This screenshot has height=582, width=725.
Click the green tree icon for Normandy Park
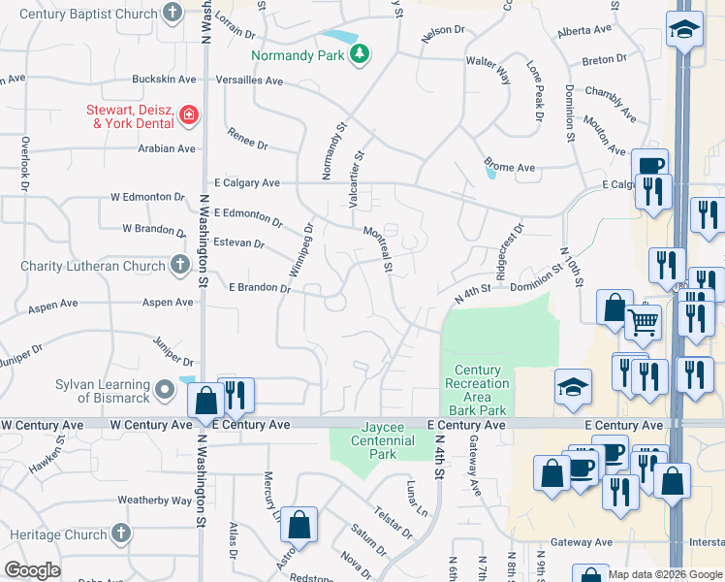[x=360, y=54]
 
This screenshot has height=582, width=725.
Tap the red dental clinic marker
[x=188, y=117]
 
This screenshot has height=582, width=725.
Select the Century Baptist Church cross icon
[x=173, y=14]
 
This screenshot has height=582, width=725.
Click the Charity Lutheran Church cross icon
[x=179, y=265]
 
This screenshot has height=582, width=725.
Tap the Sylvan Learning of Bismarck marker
[x=165, y=391]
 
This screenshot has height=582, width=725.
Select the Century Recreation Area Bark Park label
[x=477, y=383]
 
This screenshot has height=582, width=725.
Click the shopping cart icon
[x=643, y=322]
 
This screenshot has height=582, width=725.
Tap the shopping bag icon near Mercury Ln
[x=300, y=524]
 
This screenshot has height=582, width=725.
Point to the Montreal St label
[x=377, y=249]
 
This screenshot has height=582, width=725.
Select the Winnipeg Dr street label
[x=301, y=250]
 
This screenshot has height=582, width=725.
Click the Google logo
[x=31, y=570]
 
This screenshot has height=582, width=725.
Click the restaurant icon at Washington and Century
[x=236, y=395]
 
